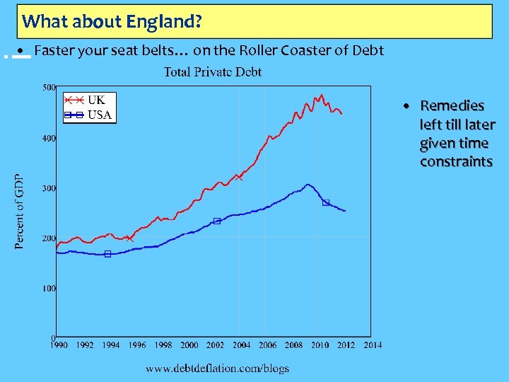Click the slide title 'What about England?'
pyautogui.click(x=112, y=21)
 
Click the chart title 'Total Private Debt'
pyautogui.click(x=213, y=71)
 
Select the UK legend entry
pyautogui.click(x=96, y=100)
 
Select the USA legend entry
pyautogui.click(x=99, y=115)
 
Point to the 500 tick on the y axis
pyautogui.click(x=48, y=88)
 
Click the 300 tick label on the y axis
pyautogui.click(x=48, y=188)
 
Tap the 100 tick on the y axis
pyautogui.click(x=48, y=289)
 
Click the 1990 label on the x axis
pyautogui.click(x=59, y=345)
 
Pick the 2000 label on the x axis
pyautogui.click(x=189, y=345)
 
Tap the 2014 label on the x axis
pyautogui.click(x=373, y=345)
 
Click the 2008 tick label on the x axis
pyautogui.click(x=294, y=345)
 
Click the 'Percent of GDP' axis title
pyautogui.click(x=20, y=212)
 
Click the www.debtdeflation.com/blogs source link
pyautogui.click(x=217, y=368)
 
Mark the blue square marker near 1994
pyautogui.click(x=107, y=254)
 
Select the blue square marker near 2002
pyautogui.click(x=216, y=221)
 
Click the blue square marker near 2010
pyautogui.click(x=326, y=202)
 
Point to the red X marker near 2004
pyautogui.click(x=240, y=178)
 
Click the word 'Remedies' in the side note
pyautogui.click(x=452, y=106)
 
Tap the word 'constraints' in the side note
pyautogui.click(x=456, y=162)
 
